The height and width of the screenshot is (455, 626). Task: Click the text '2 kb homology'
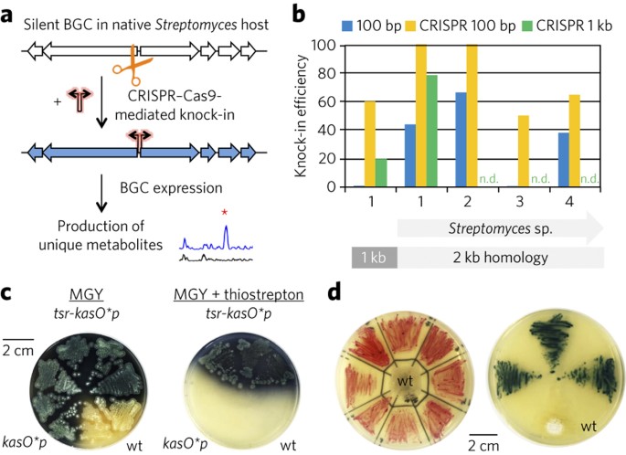(x=501, y=258)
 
